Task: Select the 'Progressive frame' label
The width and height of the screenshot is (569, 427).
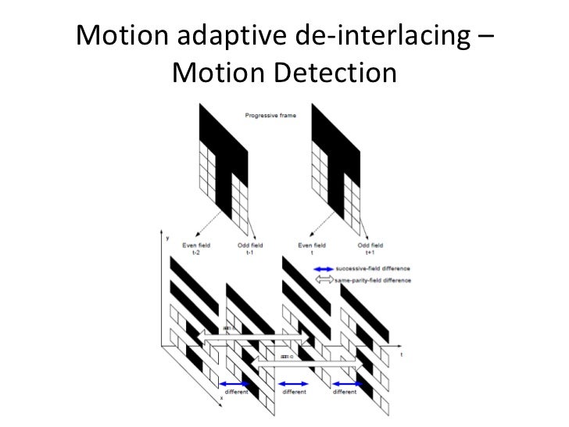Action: pyautogui.click(x=270, y=114)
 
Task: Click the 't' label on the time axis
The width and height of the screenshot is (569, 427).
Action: pyautogui.click(x=402, y=355)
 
